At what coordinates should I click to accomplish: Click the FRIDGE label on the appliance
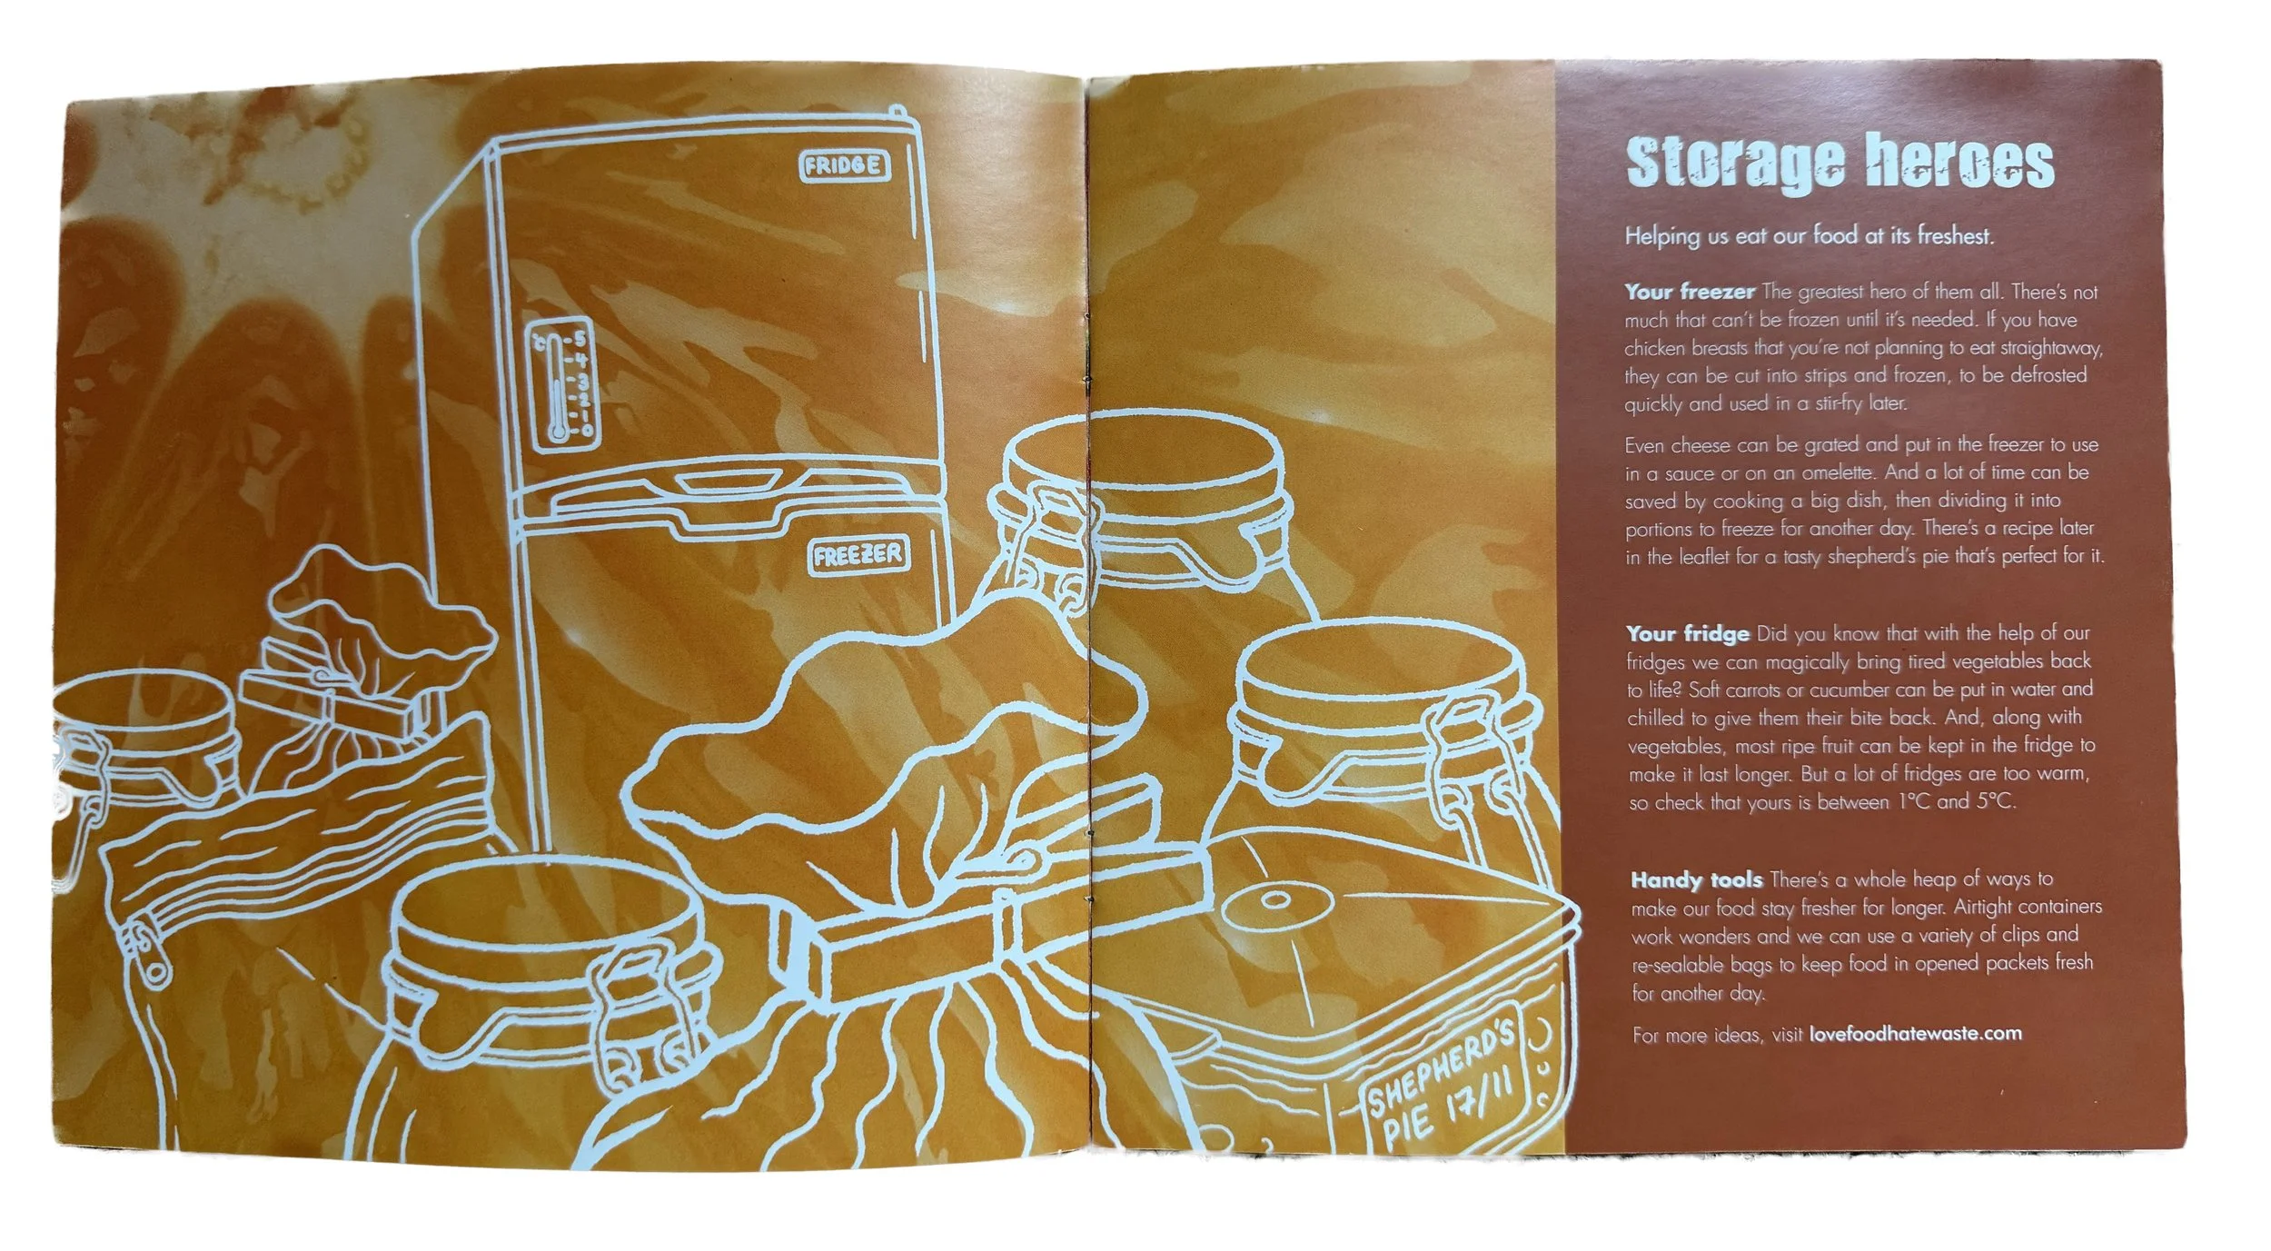point(844,165)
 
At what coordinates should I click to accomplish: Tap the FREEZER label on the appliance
point(858,554)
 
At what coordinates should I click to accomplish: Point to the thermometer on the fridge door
point(562,385)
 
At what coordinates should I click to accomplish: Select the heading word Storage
point(1735,164)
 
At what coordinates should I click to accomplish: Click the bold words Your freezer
point(1690,292)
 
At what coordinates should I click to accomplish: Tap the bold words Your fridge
point(1688,633)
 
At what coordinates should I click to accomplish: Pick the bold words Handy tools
point(1696,879)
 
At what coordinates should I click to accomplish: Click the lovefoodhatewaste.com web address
point(1915,1034)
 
